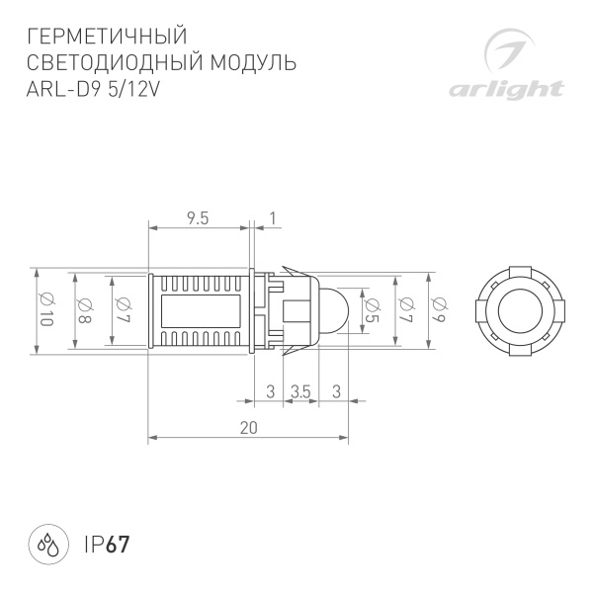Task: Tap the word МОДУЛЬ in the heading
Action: pyautogui.click(x=253, y=63)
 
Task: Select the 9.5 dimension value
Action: pyautogui.click(x=197, y=219)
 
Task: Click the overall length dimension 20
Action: pyautogui.click(x=248, y=428)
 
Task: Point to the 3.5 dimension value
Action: pyautogui.click(x=301, y=392)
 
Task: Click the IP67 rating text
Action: pyautogui.click(x=108, y=544)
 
